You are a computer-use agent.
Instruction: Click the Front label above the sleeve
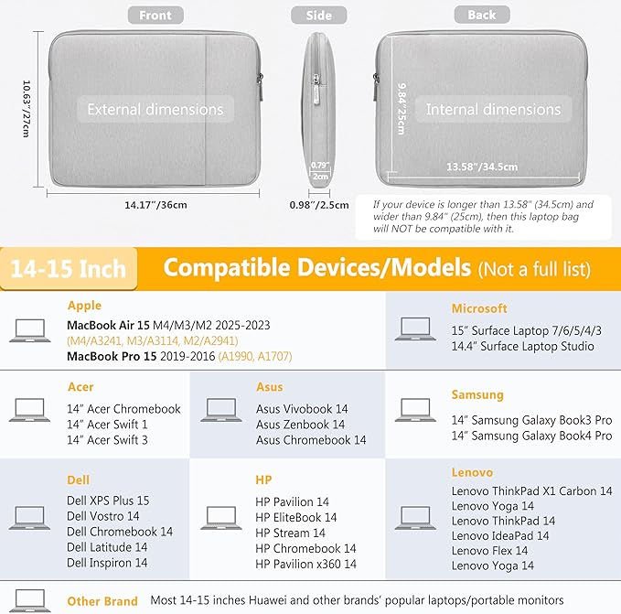155,15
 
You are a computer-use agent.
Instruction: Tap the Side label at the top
319,15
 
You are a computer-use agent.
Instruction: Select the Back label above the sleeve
482,15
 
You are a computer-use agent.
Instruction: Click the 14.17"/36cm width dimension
155,205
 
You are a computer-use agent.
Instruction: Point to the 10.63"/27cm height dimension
27,109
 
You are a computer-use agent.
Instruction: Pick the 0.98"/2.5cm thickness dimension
319,205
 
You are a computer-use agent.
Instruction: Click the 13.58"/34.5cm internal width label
482,167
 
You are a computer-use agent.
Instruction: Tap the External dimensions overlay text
155,109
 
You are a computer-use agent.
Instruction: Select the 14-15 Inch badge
69,269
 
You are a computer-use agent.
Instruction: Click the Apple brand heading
84,306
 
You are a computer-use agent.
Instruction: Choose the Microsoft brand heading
479,308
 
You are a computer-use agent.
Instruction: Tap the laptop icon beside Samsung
415,410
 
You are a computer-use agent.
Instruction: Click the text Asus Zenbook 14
300,425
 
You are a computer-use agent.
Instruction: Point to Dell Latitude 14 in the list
107,547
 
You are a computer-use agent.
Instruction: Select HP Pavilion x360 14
305,564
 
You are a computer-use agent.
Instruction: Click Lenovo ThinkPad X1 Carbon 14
532,491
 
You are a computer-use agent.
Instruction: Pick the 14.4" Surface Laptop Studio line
523,346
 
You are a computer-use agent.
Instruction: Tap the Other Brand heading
102,601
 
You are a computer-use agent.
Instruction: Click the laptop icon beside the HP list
221,517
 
